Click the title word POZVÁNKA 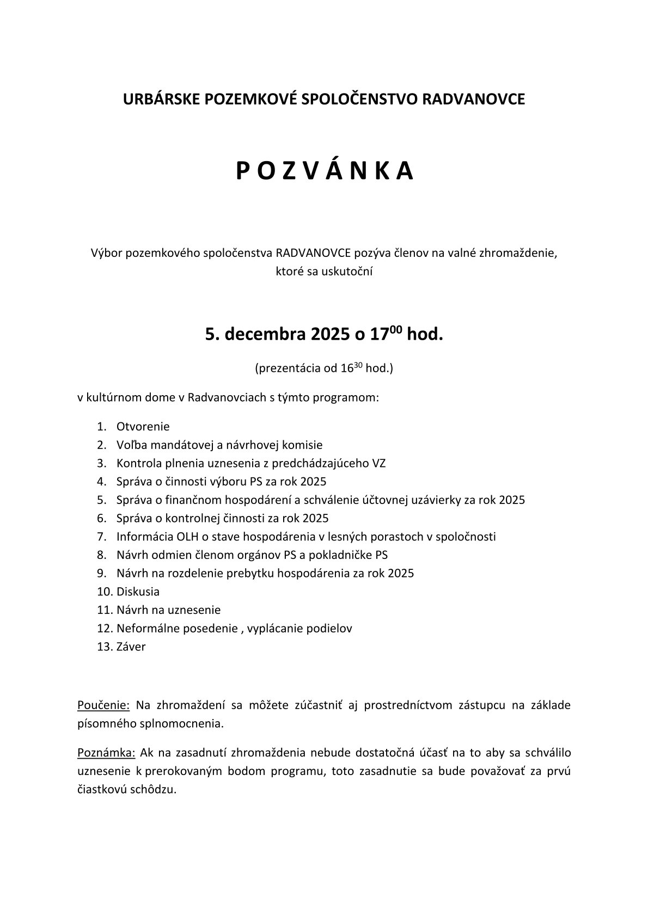pos(325,171)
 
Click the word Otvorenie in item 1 pos(143,426)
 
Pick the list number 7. pos(101,537)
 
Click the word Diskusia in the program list pos(138,592)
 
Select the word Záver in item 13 pos(131,647)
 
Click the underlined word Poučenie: pos(103,706)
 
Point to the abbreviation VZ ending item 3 pos(379,463)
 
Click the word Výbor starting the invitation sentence pos(105,253)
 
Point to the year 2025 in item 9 pos(401,573)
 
